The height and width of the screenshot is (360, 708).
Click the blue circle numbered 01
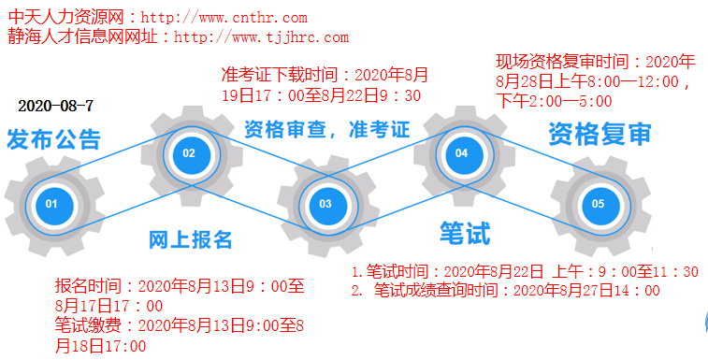pos(51,203)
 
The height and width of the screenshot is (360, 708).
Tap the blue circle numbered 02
pos(189,153)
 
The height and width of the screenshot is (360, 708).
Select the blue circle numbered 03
pos(325,203)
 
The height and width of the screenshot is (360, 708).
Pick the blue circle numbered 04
pos(461,153)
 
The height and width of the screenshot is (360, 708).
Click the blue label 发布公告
pos(53,140)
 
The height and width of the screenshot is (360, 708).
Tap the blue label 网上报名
pos(191,239)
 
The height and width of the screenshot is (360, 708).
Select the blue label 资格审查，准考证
pos(327,129)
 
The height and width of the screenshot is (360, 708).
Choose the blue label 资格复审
pos(600,134)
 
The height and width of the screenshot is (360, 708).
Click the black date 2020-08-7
pos(55,105)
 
